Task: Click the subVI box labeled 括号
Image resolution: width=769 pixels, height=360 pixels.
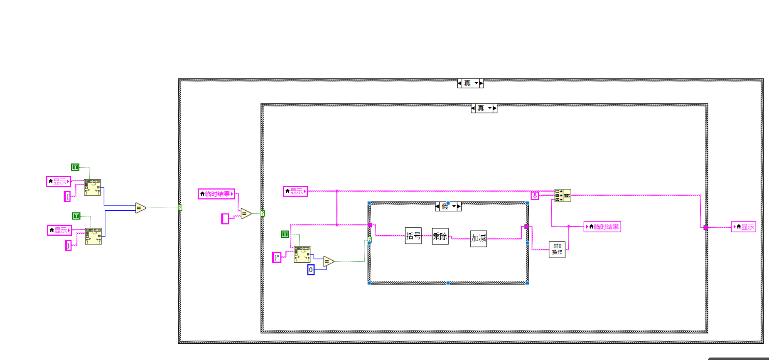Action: pos(413,236)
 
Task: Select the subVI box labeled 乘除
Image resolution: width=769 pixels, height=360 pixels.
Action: pos(440,236)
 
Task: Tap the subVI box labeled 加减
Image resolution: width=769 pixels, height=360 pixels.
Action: pos(478,238)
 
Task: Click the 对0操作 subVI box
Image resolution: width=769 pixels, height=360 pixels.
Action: pos(557,249)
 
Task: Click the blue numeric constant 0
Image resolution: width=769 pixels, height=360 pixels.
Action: pos(311,270)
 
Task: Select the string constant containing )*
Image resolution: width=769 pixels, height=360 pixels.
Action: pos(277,257)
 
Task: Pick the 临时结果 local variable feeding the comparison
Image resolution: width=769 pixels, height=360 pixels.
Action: pos(216,194)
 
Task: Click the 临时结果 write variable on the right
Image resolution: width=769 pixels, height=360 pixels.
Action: pos(602,227)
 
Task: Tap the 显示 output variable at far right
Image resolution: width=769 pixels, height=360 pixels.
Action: pos(743,227)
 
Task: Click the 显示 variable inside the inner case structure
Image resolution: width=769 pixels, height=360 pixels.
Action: pos(295,191)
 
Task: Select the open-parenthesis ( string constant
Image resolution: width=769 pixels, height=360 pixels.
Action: pos(67,197)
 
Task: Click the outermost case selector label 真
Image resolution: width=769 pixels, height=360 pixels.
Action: pos(467,84)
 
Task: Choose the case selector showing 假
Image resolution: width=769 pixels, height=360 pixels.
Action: pos(445,207)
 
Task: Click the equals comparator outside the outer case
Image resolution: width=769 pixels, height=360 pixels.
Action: pos(140,208)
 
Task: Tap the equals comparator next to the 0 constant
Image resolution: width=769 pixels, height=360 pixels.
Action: pos(328,261)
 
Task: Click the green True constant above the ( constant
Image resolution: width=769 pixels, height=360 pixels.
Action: pos(75,167)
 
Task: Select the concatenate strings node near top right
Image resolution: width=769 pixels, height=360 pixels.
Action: pos(563,195)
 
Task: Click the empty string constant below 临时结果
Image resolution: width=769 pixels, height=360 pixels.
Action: pos(225,219)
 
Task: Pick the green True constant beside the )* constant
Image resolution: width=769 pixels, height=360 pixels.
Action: pos(285,234)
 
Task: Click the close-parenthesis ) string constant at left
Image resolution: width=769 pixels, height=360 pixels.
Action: pos(68,245)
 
